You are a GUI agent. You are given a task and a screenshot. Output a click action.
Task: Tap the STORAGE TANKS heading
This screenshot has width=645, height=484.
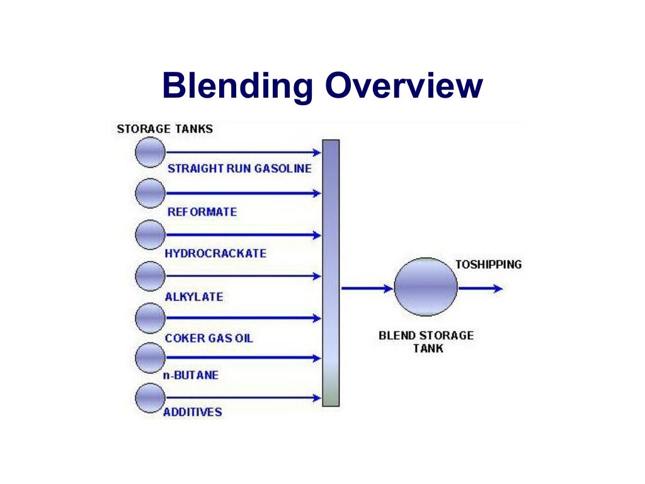coord(165,129)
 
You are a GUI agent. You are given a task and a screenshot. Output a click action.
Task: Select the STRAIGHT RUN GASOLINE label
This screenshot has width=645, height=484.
coord(239,169)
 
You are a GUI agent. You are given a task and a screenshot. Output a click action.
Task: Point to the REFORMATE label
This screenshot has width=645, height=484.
coord(202,212)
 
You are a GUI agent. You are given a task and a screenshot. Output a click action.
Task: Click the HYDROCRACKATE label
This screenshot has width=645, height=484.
coord(215,253)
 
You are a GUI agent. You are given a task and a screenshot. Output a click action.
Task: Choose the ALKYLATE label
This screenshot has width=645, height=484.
coord(194,296)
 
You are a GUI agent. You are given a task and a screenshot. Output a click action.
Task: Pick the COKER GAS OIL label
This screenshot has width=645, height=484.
coord(208,338)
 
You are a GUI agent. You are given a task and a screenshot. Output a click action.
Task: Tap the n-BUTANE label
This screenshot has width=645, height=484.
coord(191,375)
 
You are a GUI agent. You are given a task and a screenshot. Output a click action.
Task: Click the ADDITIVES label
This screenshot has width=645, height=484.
coord(193,412)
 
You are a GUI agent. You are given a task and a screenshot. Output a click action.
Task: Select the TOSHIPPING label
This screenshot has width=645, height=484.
coord(489,265)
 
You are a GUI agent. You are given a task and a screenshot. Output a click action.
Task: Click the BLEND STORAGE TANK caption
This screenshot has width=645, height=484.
coord(426,341)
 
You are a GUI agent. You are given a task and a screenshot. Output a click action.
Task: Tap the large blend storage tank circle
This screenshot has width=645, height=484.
coord(426,287)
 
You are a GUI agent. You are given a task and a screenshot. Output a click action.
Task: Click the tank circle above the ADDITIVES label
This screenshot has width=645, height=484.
coord(150,397)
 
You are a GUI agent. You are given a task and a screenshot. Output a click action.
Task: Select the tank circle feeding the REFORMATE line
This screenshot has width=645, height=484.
coord(150,193)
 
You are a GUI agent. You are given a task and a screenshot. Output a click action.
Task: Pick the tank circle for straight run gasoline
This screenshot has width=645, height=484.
coord(150,152)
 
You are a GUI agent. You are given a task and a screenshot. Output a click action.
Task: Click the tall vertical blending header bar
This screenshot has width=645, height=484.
coord(331,273)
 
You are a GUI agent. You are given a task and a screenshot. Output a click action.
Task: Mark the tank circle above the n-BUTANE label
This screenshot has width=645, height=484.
coord(150,358)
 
